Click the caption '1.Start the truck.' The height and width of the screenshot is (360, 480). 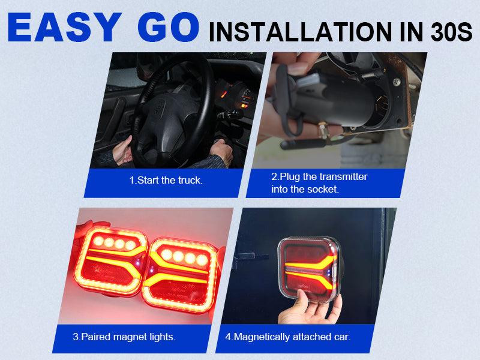coord(166,180)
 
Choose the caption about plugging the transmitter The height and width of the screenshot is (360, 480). coord(319,183)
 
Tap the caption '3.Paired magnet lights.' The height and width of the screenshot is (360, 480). coord(124,337)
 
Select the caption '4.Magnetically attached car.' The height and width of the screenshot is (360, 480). coord(287,337)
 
